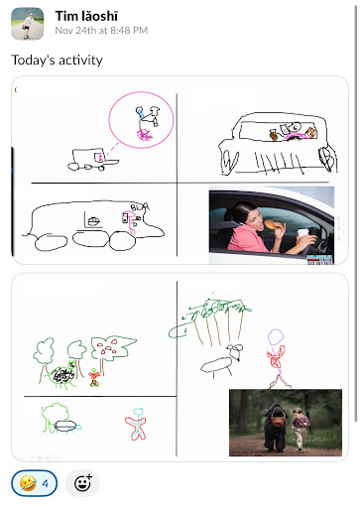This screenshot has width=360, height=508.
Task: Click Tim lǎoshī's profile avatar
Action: coord(28,24)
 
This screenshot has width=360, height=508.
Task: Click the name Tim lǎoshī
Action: coord(86,16)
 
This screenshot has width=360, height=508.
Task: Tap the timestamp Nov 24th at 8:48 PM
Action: coord(101,31)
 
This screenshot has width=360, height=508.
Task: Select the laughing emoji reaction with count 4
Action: coord(35,483)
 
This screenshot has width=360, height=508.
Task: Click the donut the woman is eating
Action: coord(271,224)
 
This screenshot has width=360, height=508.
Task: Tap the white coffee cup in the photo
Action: coord(302,234)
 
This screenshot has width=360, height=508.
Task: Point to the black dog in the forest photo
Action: coord(275,427)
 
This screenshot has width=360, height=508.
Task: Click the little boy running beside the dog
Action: coord(300,429)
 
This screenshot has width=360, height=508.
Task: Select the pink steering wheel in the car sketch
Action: coord(295,135)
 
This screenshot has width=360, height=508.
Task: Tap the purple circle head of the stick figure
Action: coord(276,337)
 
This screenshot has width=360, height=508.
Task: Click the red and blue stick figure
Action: coord(136,425)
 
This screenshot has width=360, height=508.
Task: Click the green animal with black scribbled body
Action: coord(61,376)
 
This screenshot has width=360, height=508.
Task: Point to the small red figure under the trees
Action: coord(94,378)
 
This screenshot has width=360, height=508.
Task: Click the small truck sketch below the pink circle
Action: coord(91,160)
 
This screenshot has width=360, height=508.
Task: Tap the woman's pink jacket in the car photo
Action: coord(246,237)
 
